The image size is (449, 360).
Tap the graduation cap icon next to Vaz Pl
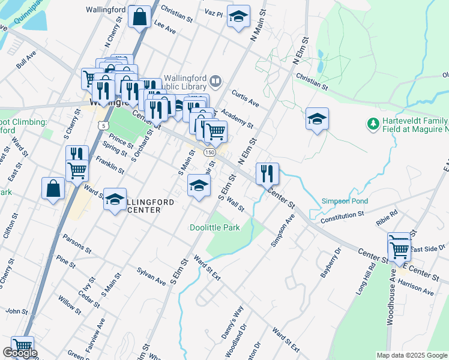[238, 17]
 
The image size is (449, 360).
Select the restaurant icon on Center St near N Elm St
[268, 173]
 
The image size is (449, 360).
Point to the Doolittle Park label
[214, 227]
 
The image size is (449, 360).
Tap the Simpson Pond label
[345, 201]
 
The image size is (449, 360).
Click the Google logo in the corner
[20, 353]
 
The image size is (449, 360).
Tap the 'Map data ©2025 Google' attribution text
[411, 355]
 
